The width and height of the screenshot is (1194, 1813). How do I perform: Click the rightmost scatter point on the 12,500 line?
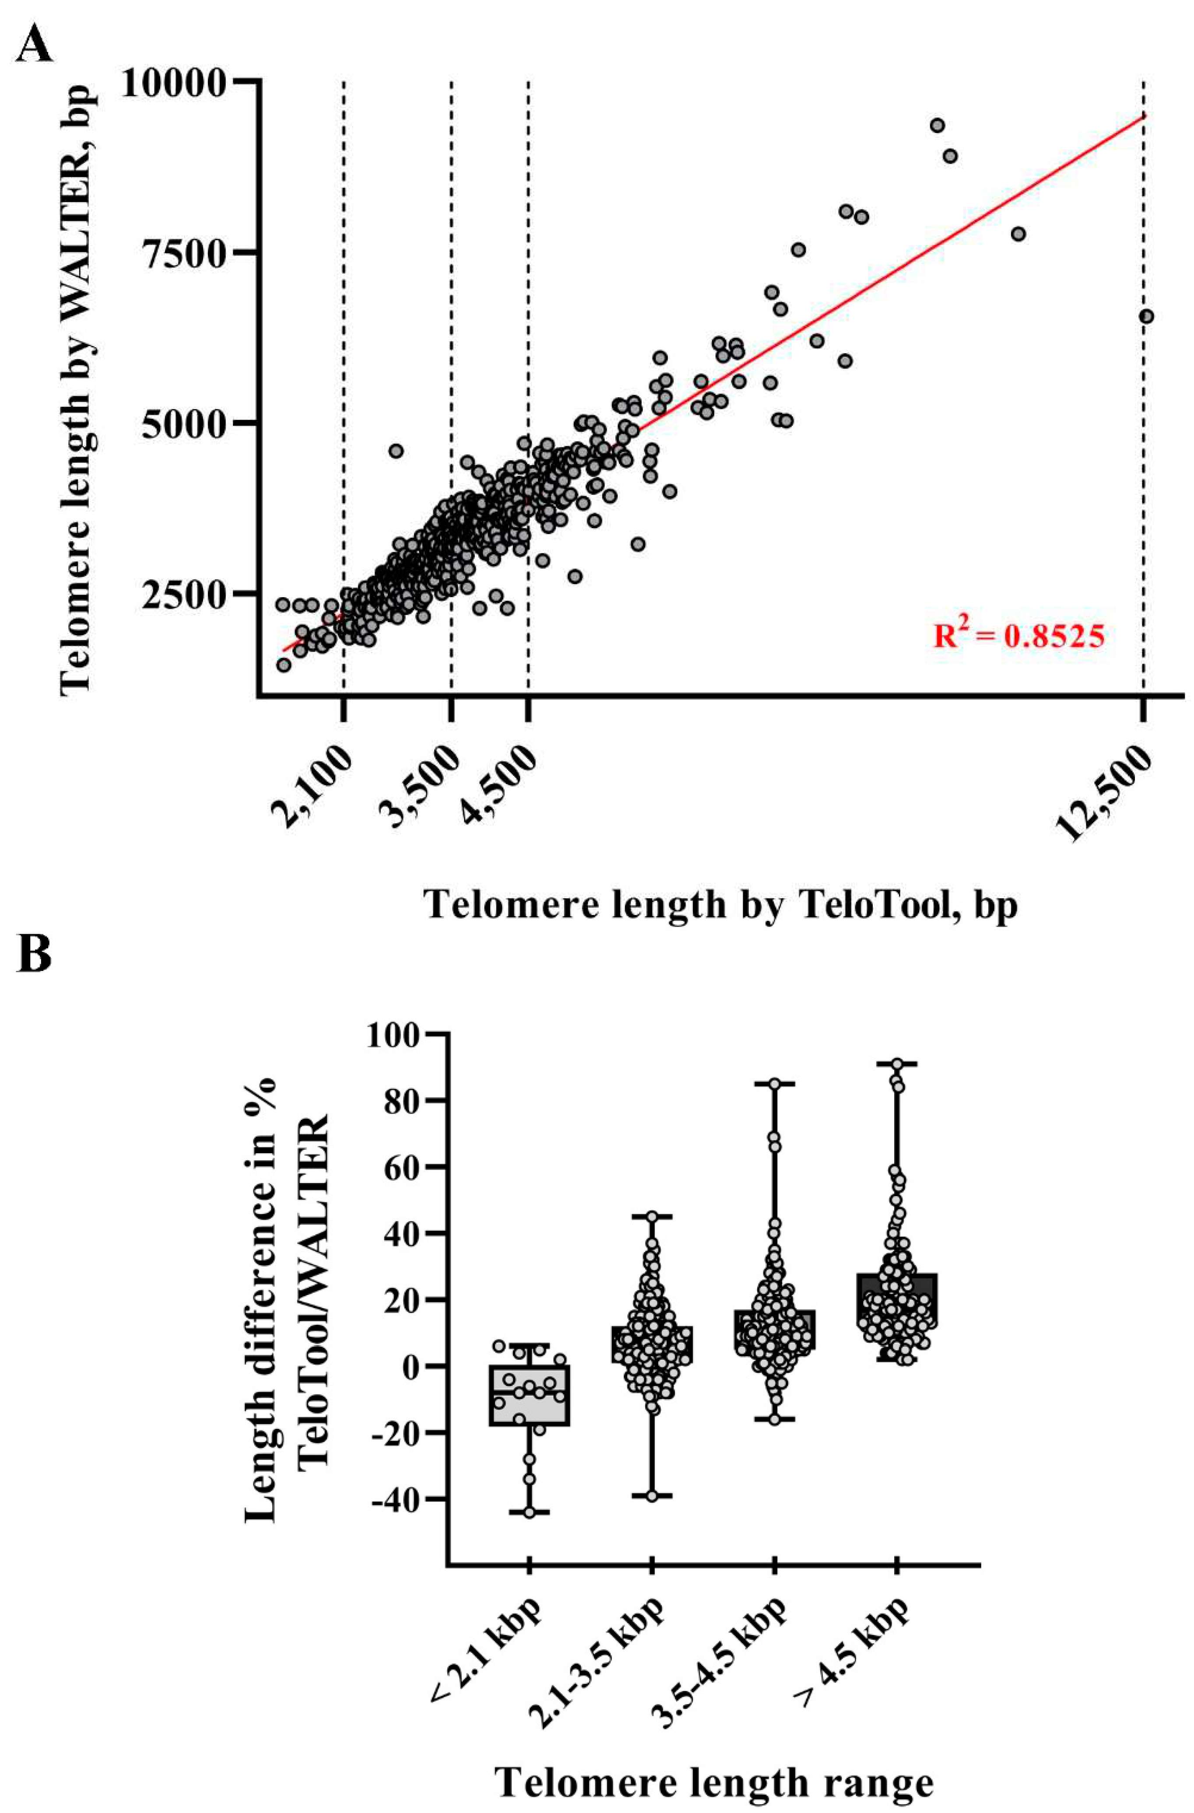(1145, 316)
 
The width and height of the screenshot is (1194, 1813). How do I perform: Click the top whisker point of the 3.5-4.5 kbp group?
(774, 1083)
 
